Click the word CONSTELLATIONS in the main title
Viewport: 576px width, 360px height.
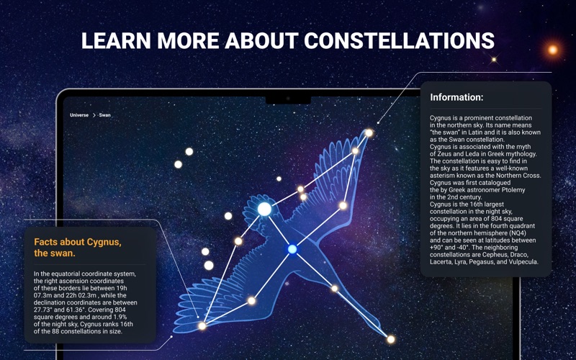399,40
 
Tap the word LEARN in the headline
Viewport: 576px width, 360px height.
116,40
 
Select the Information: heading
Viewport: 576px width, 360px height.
456,97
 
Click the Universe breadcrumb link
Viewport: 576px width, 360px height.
79,115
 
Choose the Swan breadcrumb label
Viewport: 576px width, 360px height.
104,115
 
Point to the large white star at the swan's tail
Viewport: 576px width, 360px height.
264,209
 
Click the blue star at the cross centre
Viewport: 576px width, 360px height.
292,249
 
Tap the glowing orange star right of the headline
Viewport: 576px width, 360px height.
553,50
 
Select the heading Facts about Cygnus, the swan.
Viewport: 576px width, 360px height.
78,248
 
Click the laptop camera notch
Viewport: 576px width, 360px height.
288,99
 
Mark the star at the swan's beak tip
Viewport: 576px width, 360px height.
391,339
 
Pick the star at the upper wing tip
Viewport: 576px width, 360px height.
369,133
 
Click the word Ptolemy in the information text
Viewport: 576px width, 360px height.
514,190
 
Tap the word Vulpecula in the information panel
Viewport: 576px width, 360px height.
523,262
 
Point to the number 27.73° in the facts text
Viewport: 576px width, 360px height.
43,310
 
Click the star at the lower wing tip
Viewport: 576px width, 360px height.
202,326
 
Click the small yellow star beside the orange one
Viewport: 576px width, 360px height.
494,60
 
